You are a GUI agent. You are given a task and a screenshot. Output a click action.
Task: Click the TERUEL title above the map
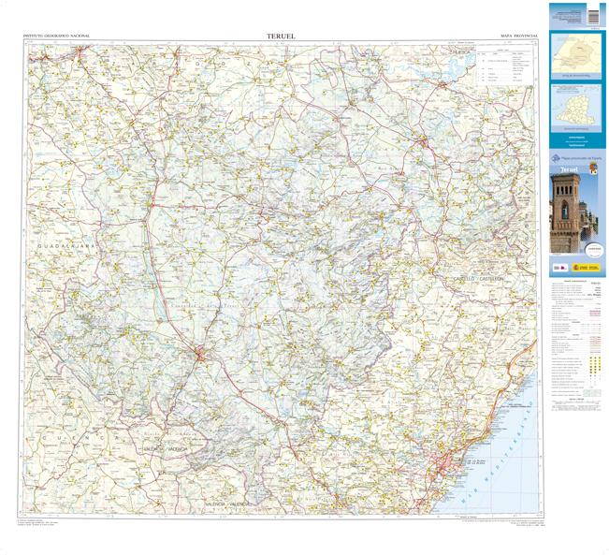[281, 37]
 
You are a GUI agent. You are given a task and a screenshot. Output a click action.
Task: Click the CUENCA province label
[80, 437]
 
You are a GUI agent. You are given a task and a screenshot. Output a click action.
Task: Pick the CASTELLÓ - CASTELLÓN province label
[478, 279]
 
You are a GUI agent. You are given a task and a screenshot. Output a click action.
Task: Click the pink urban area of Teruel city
[204, 353]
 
